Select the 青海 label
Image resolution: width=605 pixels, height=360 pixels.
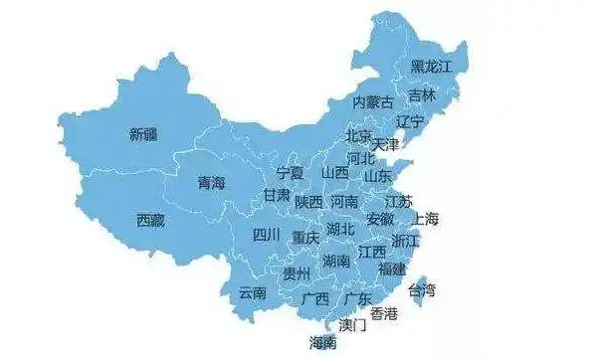click(x=211, y=183)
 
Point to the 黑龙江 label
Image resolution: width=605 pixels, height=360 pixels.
click(x=431, y=68)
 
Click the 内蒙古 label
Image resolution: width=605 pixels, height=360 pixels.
click(x=374, y=102)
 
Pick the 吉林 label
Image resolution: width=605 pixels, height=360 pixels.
click(x=422, y=96)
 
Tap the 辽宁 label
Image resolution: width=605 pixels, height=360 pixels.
click(x=409, y=121)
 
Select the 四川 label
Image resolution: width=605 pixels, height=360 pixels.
click(x=266, y=236)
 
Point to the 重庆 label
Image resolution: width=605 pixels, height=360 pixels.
click(x=305, y=239)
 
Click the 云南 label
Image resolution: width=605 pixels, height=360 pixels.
click(x=253, y=292)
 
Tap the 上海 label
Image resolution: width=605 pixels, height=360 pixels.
click(x=426, y=218)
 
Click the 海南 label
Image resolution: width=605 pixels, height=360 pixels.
click(x=322, y=343)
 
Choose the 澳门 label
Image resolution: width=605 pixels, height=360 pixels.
click(x=352, y=324)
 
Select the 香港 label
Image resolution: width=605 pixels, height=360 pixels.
click(x=384, y=313)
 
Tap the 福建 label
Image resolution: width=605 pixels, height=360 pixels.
click(x=392, y=269)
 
